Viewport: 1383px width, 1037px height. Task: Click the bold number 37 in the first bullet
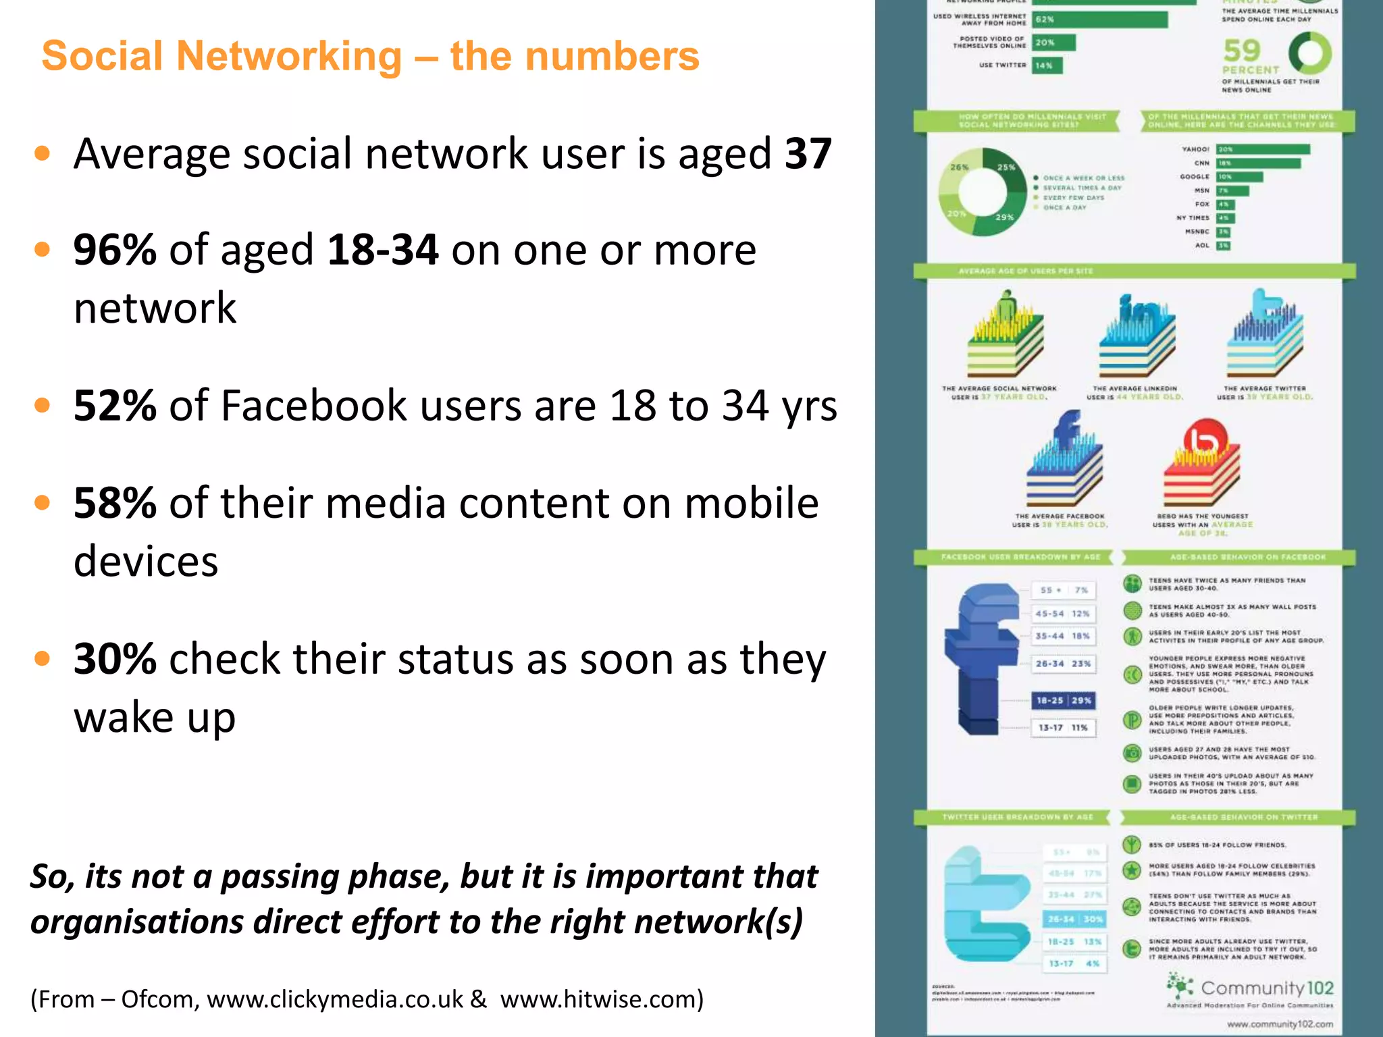(808, 154)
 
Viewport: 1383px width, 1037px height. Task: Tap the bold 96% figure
(115, 250)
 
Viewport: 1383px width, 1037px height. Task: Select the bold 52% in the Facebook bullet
(115, 406)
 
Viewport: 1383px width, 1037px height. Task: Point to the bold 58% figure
(115, 503)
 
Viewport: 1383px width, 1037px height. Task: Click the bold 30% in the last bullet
(115, 659)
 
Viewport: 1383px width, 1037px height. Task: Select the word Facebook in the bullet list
(314, 406)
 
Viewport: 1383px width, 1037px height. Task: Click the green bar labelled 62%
(1099, 20)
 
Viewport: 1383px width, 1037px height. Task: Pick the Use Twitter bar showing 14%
(1047, 65)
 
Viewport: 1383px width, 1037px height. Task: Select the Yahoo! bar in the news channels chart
(1263, 149)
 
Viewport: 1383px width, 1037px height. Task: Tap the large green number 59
(1242, 51)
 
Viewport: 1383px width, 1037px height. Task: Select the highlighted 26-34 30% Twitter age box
(1075, 919)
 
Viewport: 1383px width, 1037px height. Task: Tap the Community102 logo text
(1266, 988)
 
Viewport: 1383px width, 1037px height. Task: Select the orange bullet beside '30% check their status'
(43, 658)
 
